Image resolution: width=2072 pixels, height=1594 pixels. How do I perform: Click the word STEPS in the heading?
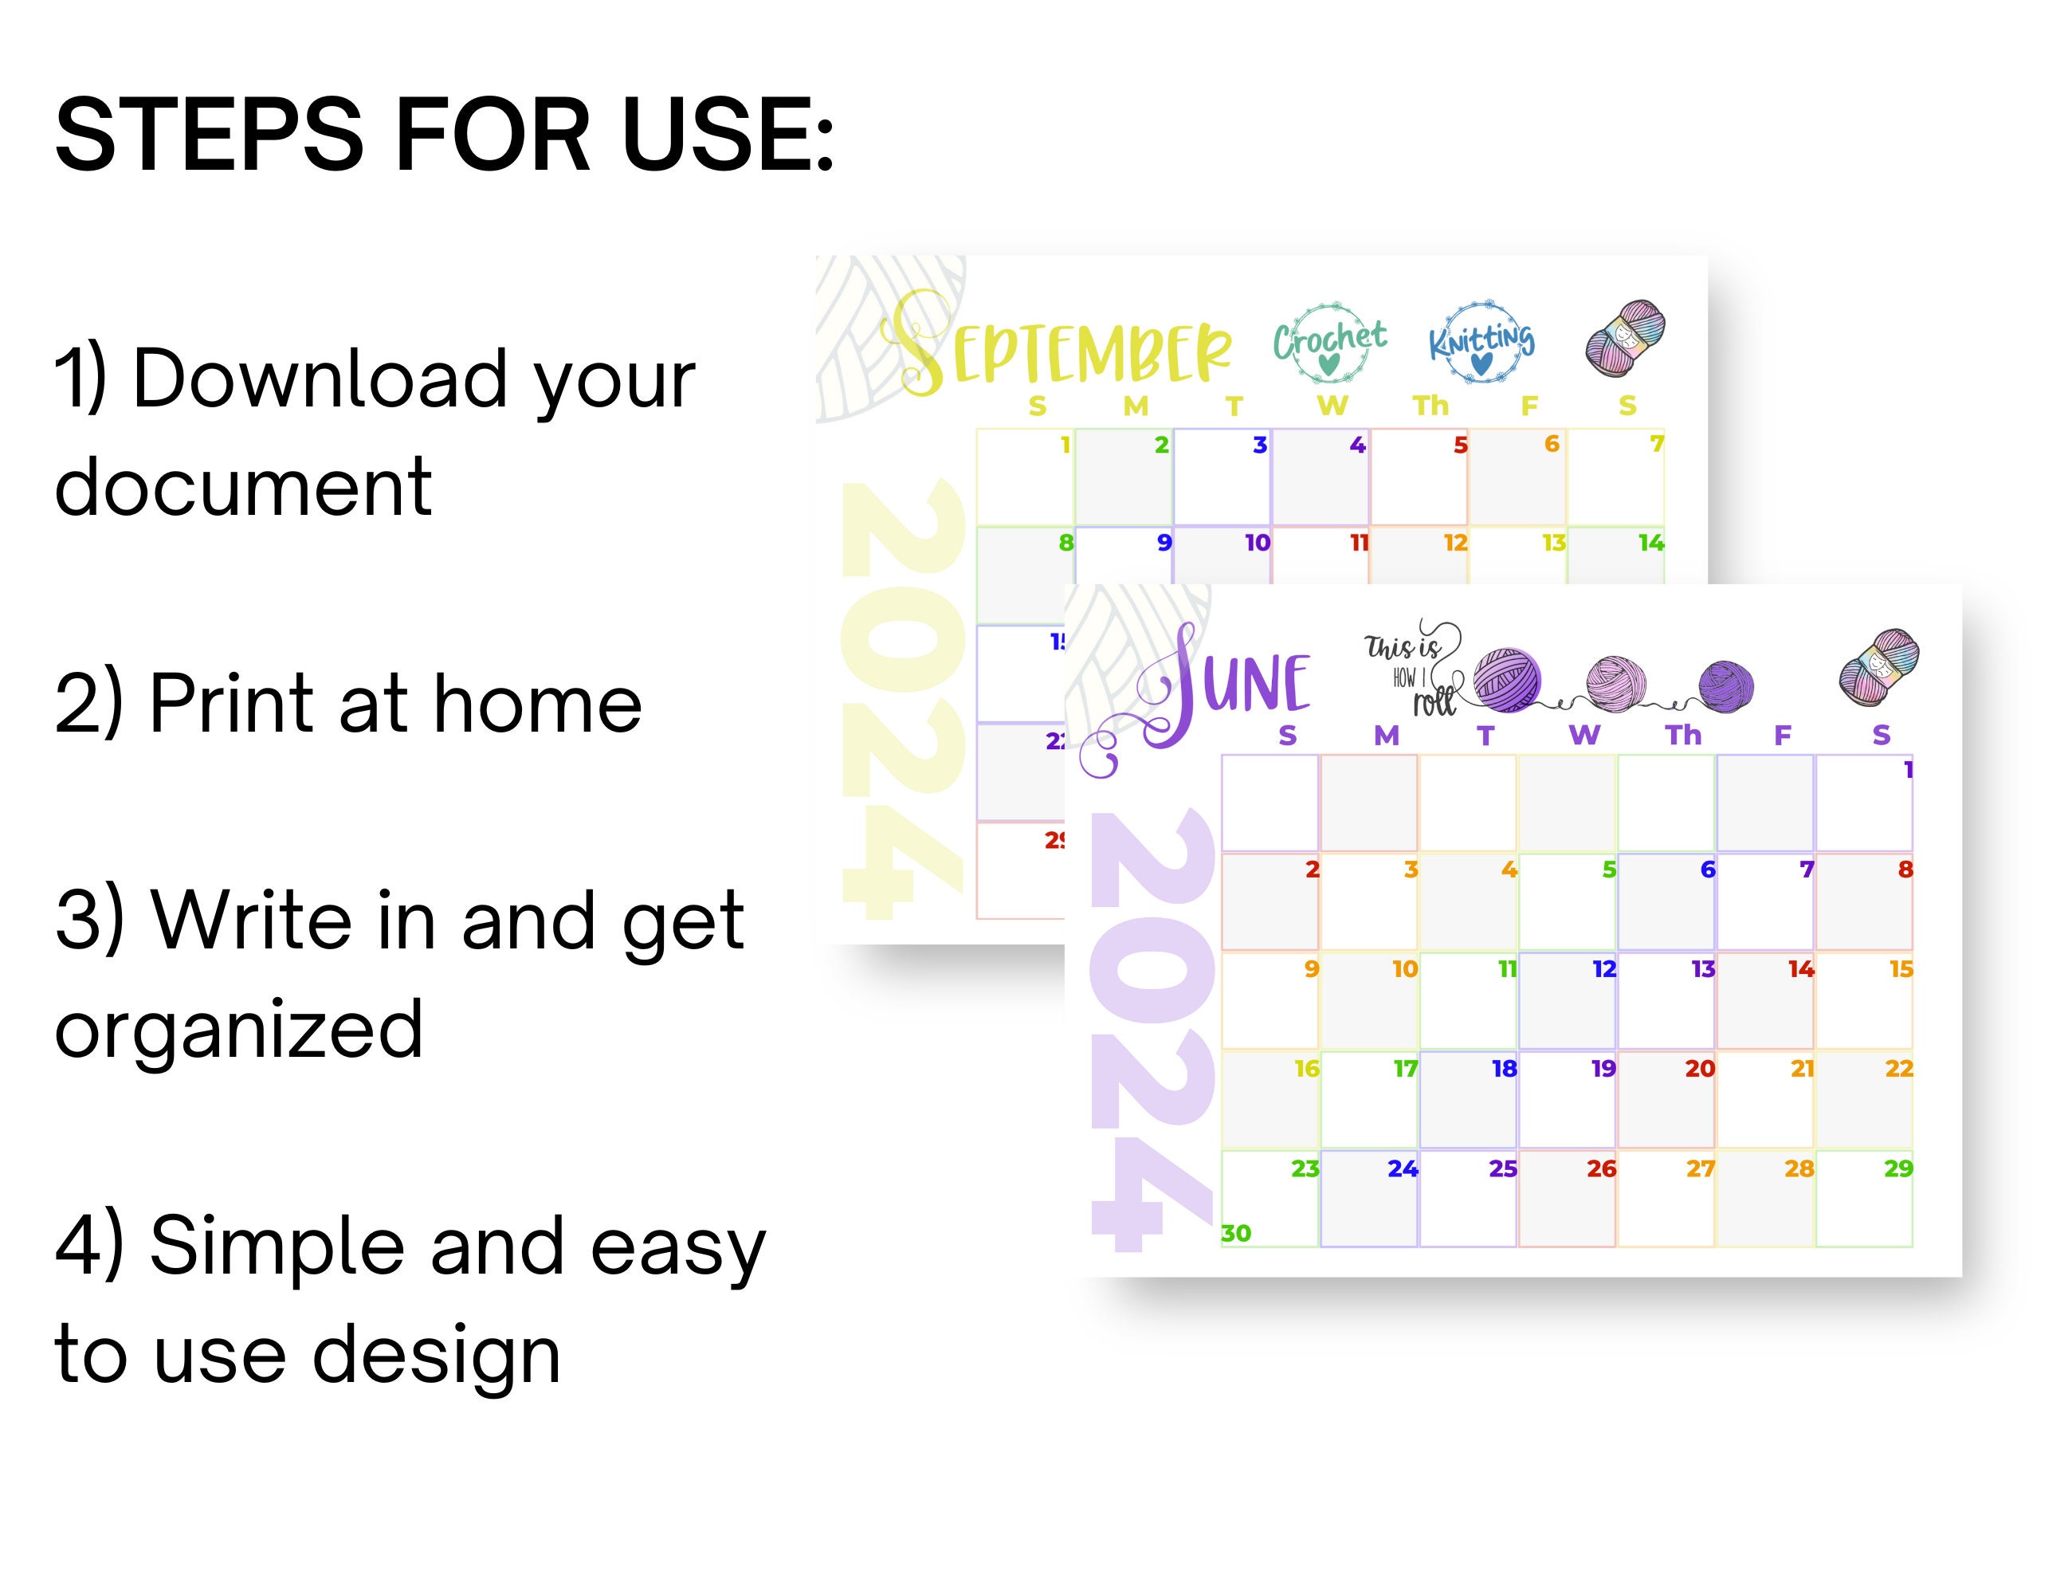209,135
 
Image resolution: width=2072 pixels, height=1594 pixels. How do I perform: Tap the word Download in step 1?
320,379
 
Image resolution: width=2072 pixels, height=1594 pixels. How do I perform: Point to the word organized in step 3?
239,1030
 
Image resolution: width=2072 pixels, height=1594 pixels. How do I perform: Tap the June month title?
1234,683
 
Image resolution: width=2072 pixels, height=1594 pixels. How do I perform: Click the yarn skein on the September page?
1625,337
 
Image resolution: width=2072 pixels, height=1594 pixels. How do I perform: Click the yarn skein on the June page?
1878,666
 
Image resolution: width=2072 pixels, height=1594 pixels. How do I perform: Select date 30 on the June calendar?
1235,1232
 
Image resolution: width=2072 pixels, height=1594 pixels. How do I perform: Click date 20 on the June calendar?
1699,1068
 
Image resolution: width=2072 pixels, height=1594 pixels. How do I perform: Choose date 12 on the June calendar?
1603,968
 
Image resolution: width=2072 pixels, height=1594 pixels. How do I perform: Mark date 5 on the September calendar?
1460,445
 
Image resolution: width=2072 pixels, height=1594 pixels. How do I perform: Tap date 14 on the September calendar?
1650,543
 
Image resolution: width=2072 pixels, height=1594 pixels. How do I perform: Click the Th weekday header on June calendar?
1683,734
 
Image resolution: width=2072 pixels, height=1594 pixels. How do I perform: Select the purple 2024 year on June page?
1152,1030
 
